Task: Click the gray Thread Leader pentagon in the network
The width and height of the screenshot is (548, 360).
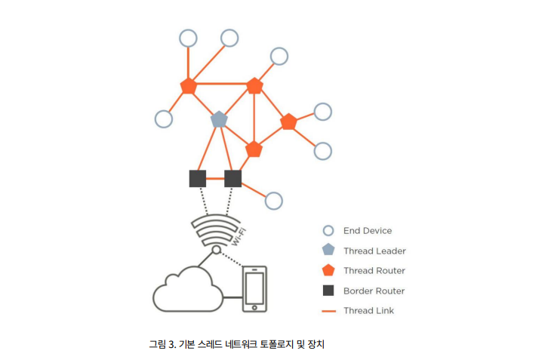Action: [219, 119]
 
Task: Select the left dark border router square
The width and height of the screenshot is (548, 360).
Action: [198, 179]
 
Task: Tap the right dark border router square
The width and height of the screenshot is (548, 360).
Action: [233, 179]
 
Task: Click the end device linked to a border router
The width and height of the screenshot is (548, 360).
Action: [274, 201]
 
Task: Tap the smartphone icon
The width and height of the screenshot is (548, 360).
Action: [254, 288]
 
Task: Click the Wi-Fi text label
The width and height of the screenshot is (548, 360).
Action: [239, 236]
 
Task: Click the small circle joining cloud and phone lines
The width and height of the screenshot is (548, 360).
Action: [217, 250]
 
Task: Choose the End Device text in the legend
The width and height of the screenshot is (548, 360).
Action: [368, 231]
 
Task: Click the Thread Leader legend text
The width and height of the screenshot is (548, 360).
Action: [374, 251]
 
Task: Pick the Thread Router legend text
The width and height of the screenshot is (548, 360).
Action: [374, 271]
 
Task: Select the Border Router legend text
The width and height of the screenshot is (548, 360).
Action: [374, 291]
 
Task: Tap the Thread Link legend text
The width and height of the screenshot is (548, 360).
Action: [368, 310]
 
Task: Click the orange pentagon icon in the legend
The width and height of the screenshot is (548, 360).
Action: [328, 270]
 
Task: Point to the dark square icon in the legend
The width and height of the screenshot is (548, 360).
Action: [328, 291]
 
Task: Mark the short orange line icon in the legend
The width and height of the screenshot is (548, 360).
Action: [328, 310]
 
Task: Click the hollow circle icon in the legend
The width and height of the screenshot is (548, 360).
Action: [328, 231]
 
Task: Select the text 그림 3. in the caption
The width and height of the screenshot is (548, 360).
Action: [162, 344]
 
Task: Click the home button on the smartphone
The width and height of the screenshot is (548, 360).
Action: [254, 307]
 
